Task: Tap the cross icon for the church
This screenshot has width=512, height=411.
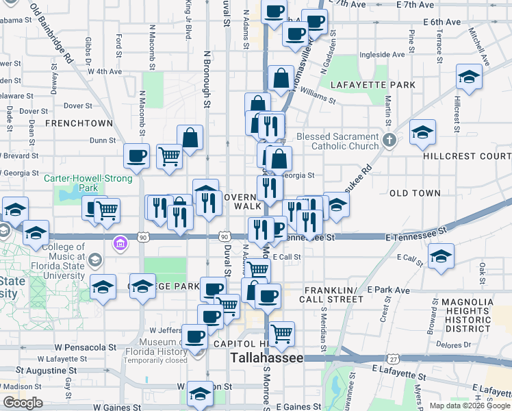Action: click(389, 141)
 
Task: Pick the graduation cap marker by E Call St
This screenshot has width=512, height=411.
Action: click(441, 256)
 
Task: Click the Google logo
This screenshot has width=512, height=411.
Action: click(23, 403)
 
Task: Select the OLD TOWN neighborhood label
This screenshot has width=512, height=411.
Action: click(415, 194)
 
